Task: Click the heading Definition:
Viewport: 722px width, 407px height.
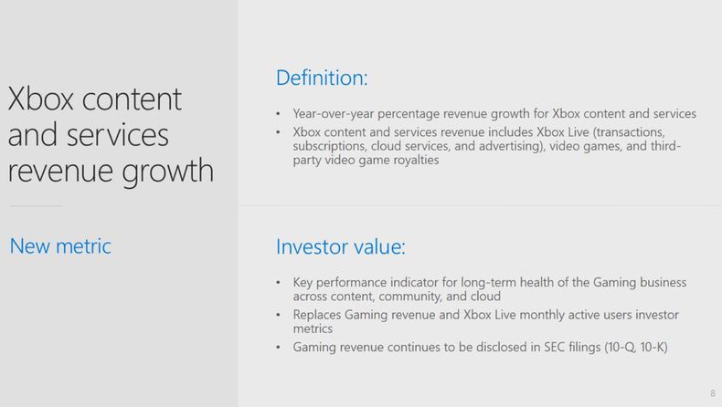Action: (x=322, y=78)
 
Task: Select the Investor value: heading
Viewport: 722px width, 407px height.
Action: (x=341, y=246)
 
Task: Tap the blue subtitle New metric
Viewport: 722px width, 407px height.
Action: (x=60, y=246)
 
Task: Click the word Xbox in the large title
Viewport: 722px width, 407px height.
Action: (x=40, y=99)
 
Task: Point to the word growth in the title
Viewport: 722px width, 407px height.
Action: (x=168, y=171)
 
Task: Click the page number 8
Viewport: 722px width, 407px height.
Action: (x=712, y=393)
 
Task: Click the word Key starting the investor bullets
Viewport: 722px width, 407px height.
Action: (x=303, y=282)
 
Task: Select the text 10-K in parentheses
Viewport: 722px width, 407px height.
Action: (x=653, y=347)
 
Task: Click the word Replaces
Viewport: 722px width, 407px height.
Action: (x=317, y=315)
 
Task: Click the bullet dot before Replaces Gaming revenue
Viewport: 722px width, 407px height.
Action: (x=278, y=315)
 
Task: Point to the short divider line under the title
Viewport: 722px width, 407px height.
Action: (x=36, y=206)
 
